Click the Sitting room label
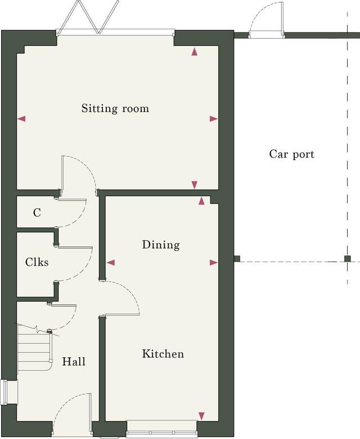tap(115, 108)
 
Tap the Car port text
tap(291, 154)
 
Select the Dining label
tap(161, 245)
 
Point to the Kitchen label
tap(163, 354)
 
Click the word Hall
tap(74, 361)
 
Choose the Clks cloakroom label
tap(37, 262)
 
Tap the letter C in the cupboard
tap(37, 213)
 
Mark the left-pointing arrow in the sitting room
tap(22, 119)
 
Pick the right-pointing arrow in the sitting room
tap(213, 119)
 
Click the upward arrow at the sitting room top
tap(195, 52)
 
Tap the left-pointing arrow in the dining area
tap(110, 262)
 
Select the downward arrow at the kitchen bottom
tap(201, 416)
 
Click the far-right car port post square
tap(348, 259)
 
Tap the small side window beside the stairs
tap(4, 392)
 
